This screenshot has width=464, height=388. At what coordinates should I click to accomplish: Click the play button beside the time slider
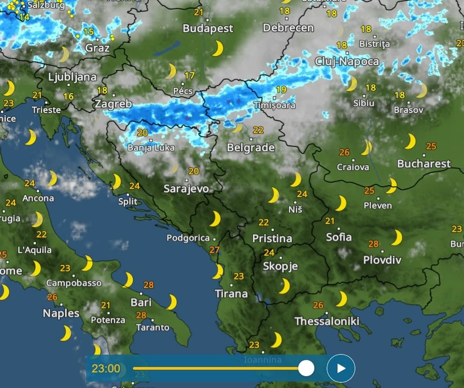341,369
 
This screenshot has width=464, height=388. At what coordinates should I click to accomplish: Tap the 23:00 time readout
106,369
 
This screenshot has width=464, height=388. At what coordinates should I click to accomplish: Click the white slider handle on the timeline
306,369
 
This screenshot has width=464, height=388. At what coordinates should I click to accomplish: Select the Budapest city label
208,28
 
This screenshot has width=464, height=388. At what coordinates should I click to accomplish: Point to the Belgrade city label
251,148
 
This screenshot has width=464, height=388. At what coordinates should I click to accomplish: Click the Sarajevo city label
186,189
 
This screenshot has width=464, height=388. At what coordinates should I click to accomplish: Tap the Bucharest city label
424,163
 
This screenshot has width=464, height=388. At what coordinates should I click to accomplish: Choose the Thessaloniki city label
327,321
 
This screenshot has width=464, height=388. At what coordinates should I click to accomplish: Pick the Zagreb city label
113,104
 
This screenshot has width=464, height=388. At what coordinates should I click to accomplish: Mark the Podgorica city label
188,238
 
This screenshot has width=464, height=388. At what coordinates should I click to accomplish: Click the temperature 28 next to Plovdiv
374,244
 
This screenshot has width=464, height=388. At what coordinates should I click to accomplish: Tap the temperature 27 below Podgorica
214,250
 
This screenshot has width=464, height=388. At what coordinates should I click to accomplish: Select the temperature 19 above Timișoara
281,90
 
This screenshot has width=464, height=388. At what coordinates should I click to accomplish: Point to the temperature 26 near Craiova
344,152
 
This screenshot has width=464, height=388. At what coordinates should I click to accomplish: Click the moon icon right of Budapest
218,48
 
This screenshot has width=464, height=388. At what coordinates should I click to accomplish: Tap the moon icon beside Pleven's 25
391,186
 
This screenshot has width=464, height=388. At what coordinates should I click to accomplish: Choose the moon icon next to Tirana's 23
218,271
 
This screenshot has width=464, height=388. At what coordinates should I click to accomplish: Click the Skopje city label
280,266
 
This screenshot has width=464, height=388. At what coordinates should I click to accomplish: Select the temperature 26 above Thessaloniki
318,305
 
